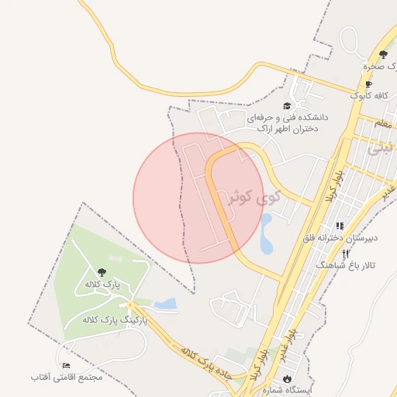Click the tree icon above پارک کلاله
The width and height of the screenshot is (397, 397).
102,271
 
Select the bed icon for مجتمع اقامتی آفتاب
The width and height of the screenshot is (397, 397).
66,365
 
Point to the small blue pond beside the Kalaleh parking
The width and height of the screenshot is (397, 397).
165,303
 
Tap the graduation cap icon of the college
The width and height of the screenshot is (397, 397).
286,105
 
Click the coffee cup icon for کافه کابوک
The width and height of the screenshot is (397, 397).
368,85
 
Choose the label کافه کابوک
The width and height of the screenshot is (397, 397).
368,95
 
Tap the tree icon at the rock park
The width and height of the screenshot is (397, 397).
383,54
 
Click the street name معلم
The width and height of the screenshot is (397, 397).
383,123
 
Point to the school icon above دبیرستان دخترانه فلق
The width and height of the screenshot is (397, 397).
340,226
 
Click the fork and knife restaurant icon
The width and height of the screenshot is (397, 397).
346,254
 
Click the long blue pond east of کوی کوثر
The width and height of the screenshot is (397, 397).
267,234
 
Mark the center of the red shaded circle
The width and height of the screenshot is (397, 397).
198,198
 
